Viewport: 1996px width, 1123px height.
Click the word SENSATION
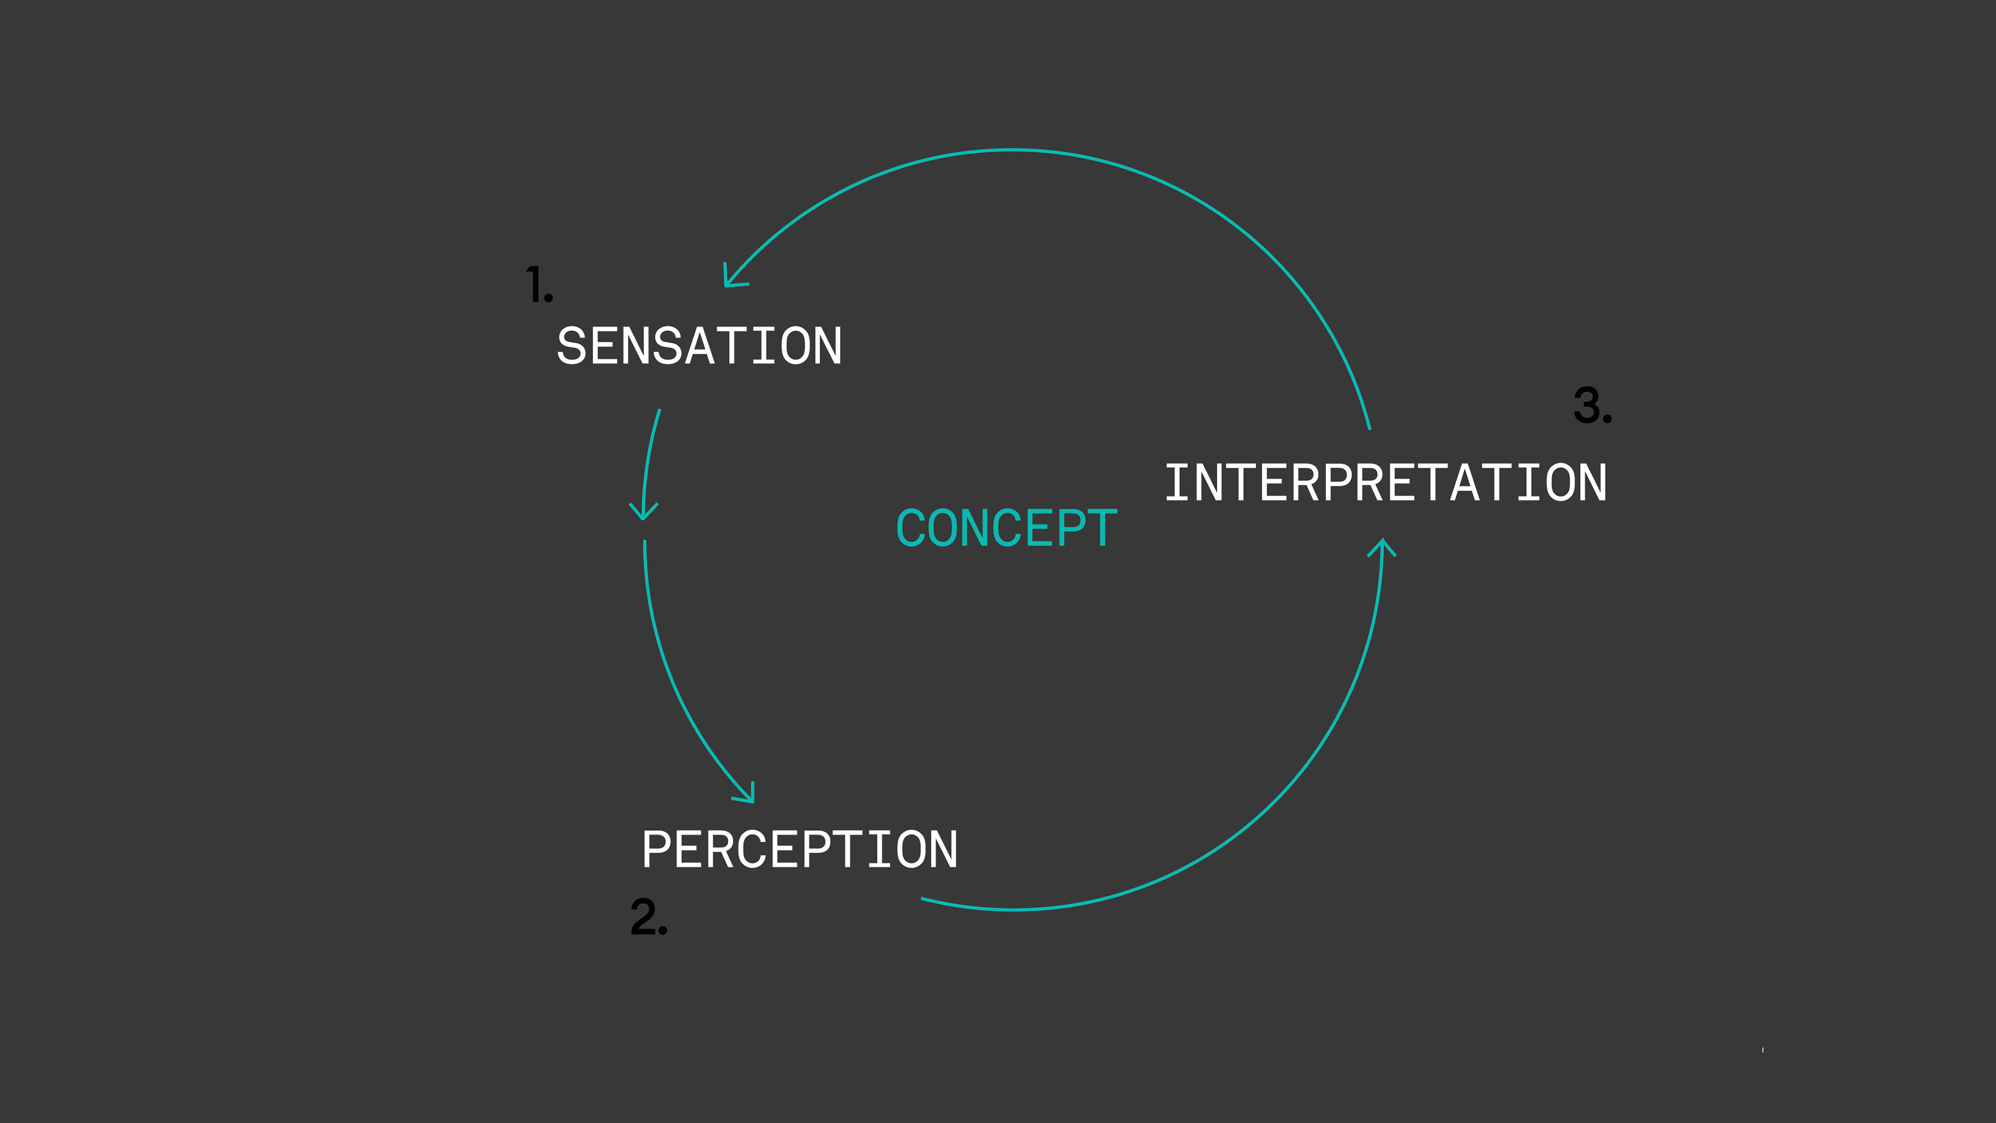pos(699,346)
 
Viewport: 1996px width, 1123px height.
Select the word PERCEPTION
pos(799,850)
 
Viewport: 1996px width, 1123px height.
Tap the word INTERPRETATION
pos(1385,483)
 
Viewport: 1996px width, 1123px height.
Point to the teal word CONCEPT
pos(1006,529)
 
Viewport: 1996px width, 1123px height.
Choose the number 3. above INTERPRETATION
pos(1592,406)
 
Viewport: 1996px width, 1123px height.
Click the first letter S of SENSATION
pos(572,346)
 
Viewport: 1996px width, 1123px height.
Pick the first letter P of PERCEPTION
pos(655,850)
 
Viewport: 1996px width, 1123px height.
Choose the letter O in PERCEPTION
pos(911,850)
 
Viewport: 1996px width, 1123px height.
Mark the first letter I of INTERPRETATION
pos(1178,483)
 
